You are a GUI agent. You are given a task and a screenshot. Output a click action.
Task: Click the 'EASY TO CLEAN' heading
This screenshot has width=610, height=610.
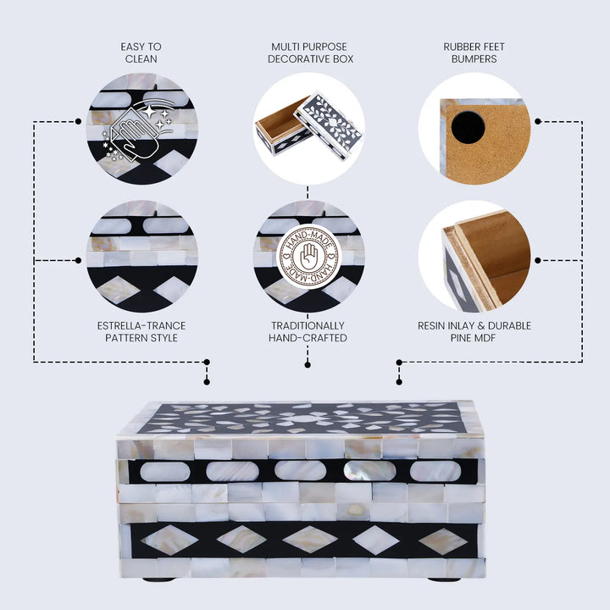coord(141,53)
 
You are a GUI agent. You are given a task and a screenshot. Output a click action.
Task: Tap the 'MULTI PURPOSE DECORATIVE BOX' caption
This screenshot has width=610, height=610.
coord(310,53)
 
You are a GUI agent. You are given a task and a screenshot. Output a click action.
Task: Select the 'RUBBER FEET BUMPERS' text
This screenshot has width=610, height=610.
coord(474,53)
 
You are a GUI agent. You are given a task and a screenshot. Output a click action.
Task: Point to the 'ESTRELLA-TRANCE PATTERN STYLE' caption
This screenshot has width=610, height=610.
coord(141,332)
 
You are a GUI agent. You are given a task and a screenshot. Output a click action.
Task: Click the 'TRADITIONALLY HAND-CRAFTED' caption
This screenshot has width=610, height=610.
coord(308,332)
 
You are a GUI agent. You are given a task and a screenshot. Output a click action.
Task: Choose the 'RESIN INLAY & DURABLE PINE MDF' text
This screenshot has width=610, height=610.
coord(474,332)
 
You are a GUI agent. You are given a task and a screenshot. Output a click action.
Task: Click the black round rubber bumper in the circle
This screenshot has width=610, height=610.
coord(468,127)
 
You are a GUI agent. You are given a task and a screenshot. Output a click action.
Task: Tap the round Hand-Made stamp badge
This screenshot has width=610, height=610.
coord(309,257)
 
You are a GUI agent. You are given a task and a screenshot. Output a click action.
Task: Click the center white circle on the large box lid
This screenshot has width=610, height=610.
coord(306,419)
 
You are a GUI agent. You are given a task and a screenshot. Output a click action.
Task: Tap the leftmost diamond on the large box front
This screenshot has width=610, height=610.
coord(169,540)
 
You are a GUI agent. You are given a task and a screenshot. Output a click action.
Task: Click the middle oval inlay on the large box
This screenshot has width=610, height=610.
coord(300,470)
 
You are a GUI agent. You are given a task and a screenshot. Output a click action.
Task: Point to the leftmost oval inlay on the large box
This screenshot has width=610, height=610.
coord(165,472)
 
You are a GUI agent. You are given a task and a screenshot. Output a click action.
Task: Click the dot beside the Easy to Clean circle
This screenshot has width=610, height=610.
coord(78,122)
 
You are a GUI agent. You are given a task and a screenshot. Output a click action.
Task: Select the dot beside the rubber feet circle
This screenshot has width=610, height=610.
coord(538,122)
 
